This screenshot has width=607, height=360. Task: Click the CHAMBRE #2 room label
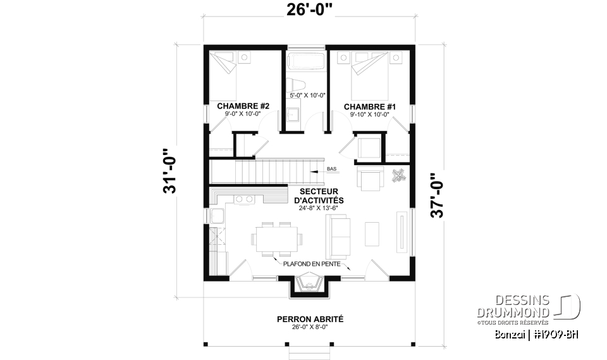click(x=243, y=107)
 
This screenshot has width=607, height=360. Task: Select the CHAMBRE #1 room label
click(x=369, y=107)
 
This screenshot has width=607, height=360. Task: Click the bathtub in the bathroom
click(x=306, y=62)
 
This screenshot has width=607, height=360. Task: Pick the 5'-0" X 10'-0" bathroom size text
click(x=307, y=96)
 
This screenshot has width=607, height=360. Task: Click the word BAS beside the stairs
click(x=332, y=170)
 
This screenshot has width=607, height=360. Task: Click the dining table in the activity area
click(x=276, y=239)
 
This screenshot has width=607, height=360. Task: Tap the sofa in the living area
click(x=338, y=235)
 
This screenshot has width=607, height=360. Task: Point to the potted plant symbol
click(x=398, y=176)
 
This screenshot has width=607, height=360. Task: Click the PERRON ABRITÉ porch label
click(x=309, y=320)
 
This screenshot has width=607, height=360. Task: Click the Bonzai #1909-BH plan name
click(x=537, y=334)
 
